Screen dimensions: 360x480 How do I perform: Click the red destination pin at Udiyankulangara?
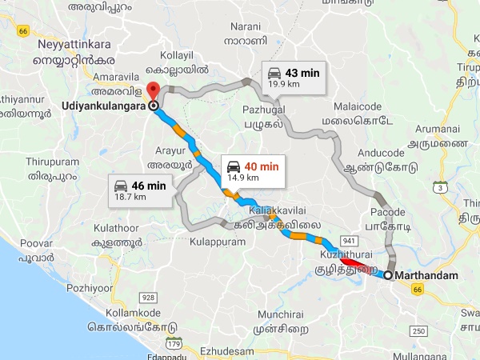click(x=153, y=91)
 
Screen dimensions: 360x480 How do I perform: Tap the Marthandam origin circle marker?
click(x=388, y=275)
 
